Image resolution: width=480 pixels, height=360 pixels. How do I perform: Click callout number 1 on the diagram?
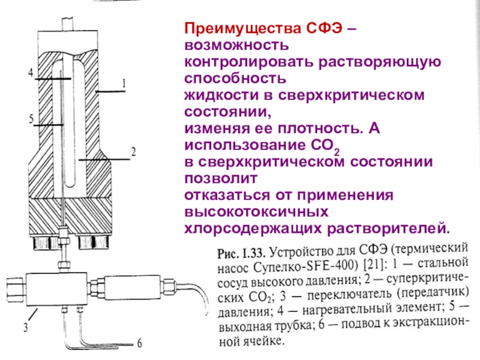(x=124, y=83)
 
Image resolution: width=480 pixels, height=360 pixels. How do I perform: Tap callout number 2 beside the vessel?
(x=133, y=152)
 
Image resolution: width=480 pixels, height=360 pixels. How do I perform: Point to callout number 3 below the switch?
(x=26, y=327)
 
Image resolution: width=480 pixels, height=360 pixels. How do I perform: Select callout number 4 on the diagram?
(x=31, y=73)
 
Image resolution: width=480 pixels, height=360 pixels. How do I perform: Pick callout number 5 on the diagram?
(x=31, y=118)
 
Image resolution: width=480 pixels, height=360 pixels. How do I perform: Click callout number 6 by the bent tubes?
(x=139, y=343)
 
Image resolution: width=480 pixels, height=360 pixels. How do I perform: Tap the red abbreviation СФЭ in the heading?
(x=324, y=28)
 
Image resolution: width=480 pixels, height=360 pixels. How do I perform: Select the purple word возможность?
(x=236, y=46)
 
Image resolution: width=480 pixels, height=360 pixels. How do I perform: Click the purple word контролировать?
(x=249, y=62)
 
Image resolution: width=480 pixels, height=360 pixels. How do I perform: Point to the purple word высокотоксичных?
(x=257, y=212)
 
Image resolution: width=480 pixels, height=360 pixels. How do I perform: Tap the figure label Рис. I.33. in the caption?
(x=241, y=253)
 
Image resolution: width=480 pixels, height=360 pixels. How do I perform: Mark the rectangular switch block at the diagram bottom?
(x=57, y=289)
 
